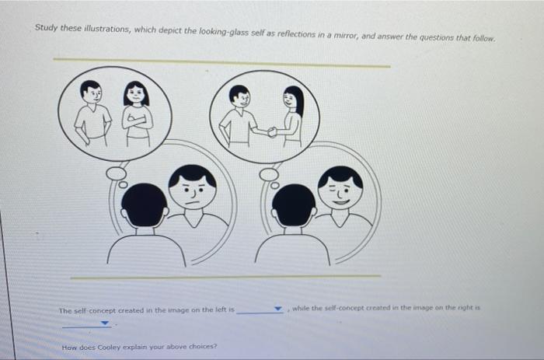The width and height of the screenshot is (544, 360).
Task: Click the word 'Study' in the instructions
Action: (46, 27)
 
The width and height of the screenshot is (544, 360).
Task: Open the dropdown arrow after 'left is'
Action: (278, 309)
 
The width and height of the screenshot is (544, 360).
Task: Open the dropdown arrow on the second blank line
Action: (104, 323)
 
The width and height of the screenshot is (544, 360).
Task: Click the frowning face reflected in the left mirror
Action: (192, 188)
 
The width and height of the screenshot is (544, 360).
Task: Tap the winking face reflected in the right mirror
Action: (340, 188)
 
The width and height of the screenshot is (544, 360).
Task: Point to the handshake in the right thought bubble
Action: (272, 131)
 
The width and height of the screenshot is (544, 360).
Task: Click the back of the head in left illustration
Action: (145, 205)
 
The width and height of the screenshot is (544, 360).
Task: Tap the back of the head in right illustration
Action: (294, 205)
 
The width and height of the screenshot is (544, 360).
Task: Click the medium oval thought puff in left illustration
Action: (116, 172)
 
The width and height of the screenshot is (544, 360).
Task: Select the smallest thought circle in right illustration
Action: (274, 185)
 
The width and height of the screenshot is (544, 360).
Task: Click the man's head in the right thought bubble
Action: (239, 96)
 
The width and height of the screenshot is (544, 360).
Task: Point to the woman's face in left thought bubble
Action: (136, 96)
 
